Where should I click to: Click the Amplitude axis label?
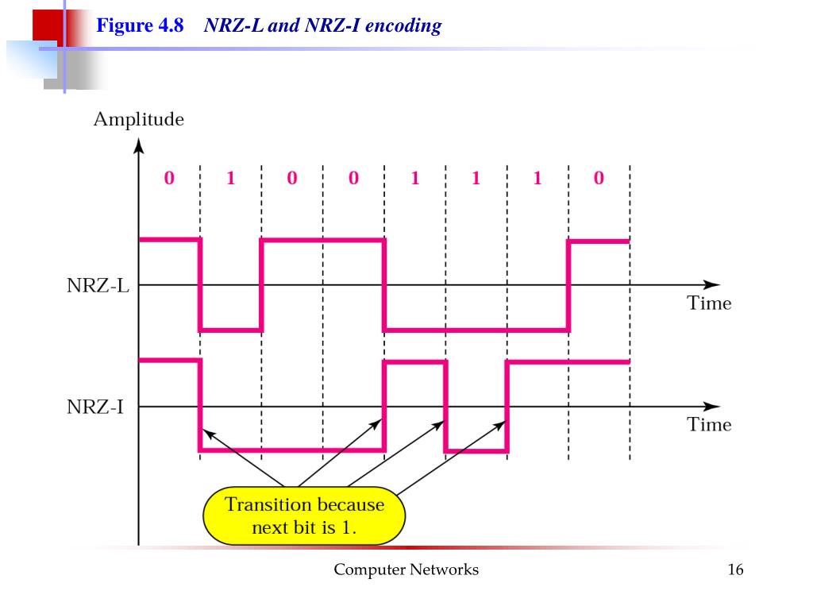[138, 120]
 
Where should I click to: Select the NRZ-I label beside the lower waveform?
[95, 408]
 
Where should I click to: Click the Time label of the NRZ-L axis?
[709, 303]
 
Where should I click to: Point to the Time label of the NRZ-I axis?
[709, 425]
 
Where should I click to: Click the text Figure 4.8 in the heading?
[140, 25]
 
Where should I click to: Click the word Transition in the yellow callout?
[268, 504]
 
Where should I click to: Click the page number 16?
[734, 569]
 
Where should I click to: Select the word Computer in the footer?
[369, 569]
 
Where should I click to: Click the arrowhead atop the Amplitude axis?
[139, 146]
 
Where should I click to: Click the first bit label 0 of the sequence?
[169, 179]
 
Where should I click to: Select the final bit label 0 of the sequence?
[599, 179]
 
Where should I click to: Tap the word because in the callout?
[350, 504]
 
